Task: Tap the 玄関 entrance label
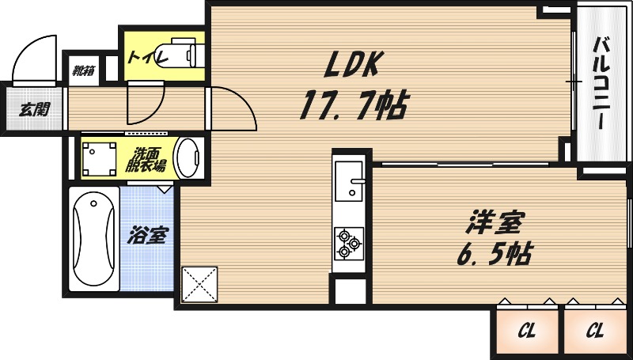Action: tap(33, 108)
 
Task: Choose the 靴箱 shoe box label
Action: tap(83, 70)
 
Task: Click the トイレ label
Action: tap(143, 57)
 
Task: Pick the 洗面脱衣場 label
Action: tap(149, 159)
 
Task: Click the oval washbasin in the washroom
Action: tap(188, 158)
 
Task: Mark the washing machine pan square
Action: tap(99, 157)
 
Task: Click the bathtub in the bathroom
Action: tap(93, 240)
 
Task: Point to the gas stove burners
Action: tap(348, 243)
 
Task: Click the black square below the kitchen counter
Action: tap(349, 290)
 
